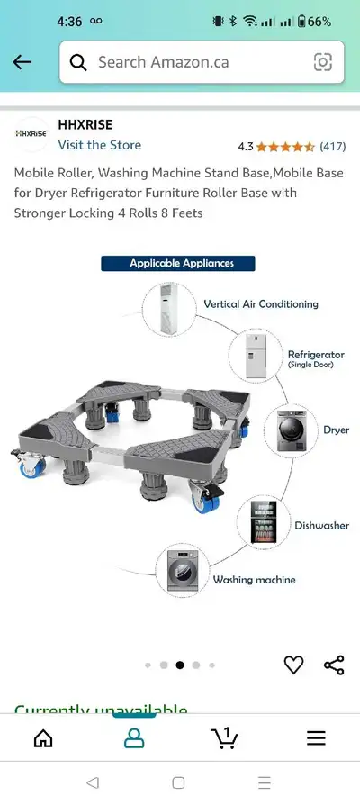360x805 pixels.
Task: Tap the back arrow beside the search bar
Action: [22, 62]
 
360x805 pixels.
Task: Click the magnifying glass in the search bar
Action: [78, 63]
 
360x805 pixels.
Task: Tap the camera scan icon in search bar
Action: [322, 62]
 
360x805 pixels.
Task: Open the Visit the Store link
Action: [100, 145]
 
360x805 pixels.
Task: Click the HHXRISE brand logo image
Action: [31, 133]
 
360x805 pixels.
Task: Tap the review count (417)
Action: [333, 147]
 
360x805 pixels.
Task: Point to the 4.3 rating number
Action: [246, 147]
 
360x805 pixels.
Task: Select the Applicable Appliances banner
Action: [178, 263]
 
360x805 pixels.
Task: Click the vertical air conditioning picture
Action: [168, 310]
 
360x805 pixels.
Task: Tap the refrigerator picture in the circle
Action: [256, 356]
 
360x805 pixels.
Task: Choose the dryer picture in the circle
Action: [291, 430]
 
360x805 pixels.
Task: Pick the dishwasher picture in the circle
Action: [264, 522]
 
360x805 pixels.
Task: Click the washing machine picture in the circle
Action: [182, 570]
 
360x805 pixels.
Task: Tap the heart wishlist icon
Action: [293, 665]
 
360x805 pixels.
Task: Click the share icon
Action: [334, 665]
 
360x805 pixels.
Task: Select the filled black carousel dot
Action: [179, 665]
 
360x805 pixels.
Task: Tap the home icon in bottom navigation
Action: [43, 738]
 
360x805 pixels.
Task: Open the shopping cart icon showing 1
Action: [224, 737]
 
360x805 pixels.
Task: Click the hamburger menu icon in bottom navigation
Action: [317, 738]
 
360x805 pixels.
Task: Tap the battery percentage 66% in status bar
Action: [319, 22]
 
